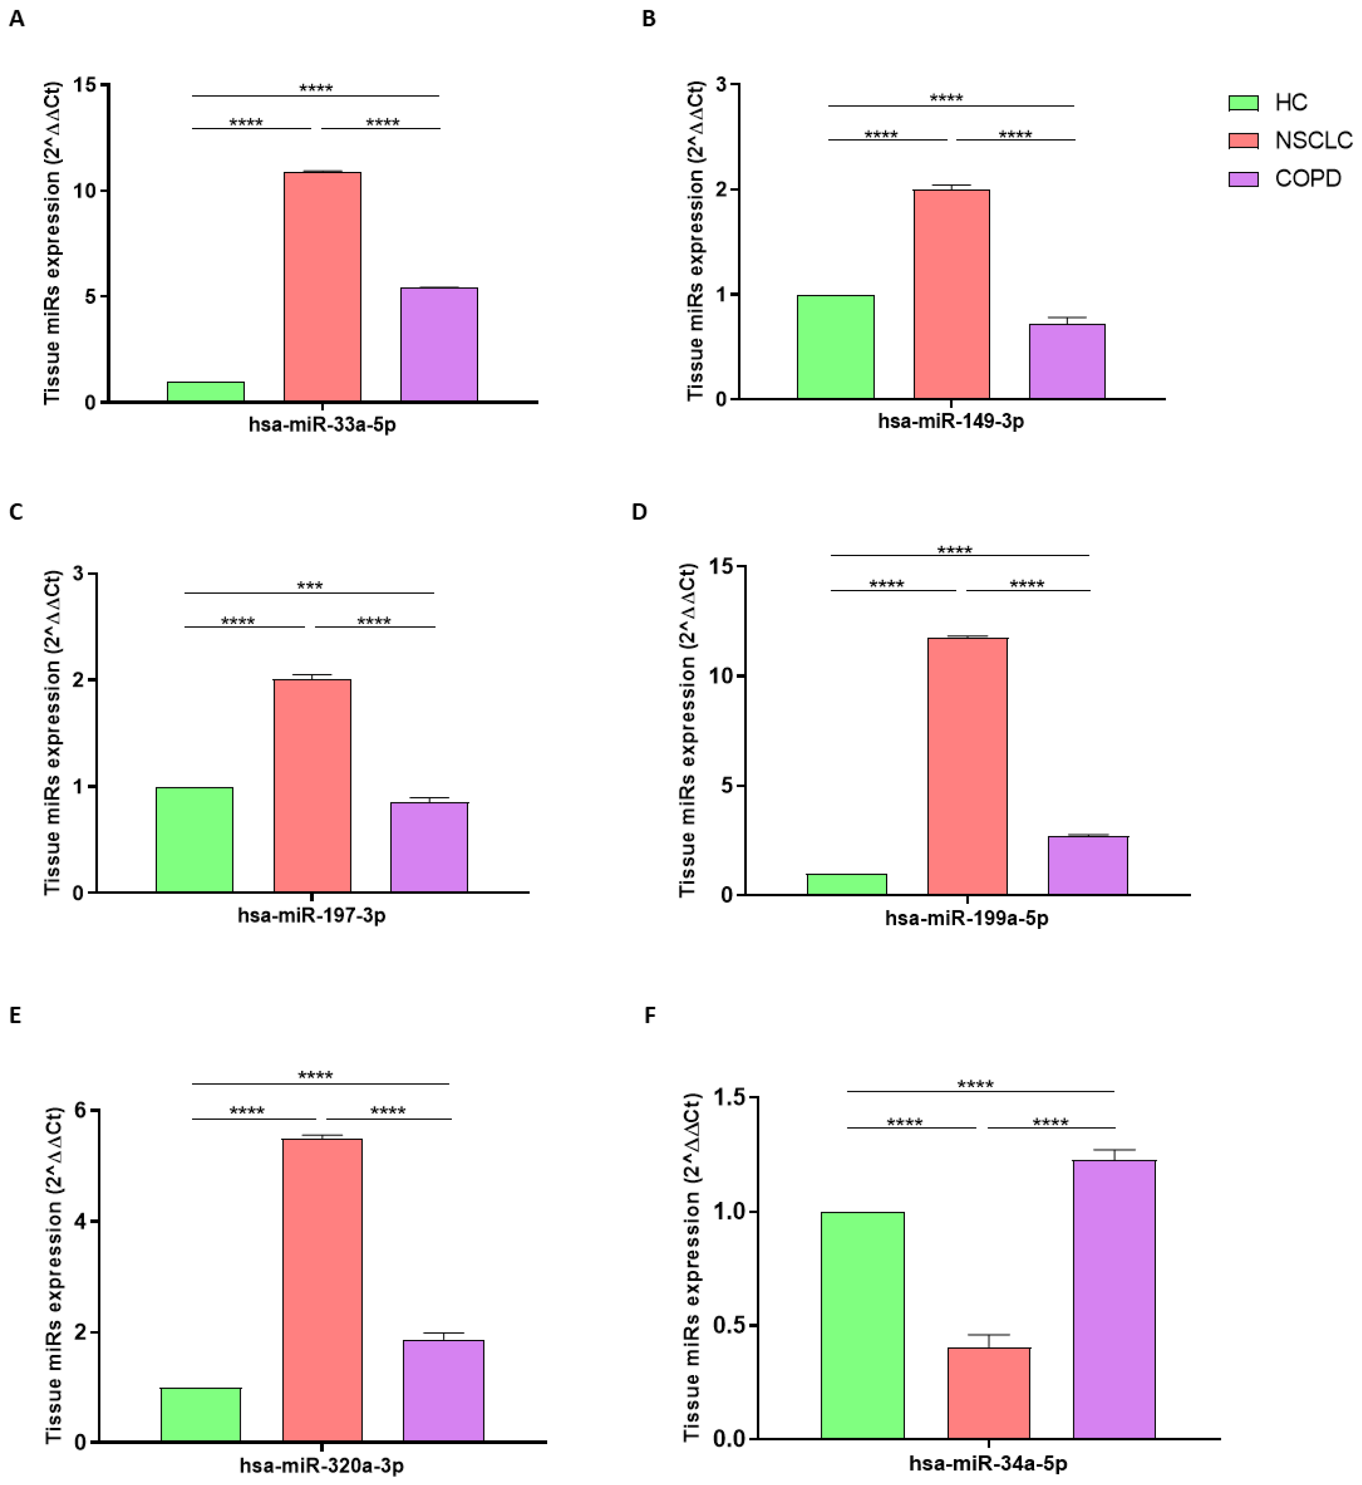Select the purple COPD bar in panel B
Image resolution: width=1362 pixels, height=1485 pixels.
point(1067,361)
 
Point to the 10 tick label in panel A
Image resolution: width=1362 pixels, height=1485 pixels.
point(85,191)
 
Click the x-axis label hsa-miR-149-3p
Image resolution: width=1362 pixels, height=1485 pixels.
point(950,422)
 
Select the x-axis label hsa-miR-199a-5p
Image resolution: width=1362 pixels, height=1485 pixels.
point(966,918)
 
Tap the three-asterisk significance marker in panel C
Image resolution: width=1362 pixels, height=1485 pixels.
point(309,586)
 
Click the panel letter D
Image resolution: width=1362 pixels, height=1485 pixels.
point(639,512)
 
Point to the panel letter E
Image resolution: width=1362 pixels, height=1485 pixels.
point(15,1015)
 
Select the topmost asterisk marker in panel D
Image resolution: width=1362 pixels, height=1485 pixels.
point(955,550)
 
